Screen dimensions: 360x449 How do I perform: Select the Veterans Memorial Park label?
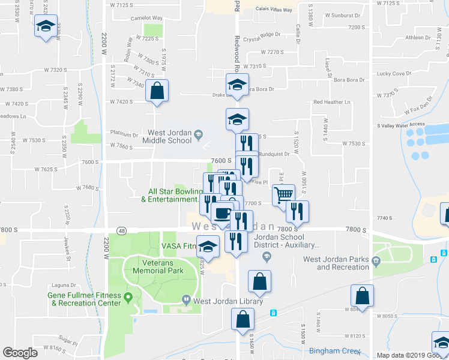click(158, 266)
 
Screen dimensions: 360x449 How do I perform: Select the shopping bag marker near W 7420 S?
click(157, 91)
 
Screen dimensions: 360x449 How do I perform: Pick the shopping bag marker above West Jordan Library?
click(259, 281)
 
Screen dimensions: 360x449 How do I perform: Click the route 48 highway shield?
click(121, 230)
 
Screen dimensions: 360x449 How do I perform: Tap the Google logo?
click(20, 353)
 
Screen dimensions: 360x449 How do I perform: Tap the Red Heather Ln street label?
click(331, 102)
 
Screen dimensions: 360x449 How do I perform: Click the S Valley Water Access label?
click(400, 125)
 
